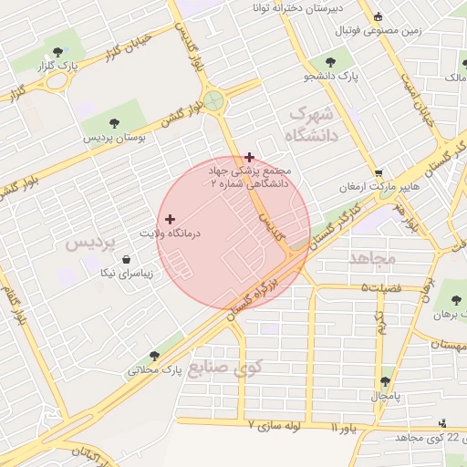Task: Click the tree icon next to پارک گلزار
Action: click(x=59, y=51)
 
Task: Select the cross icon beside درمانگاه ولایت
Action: click(x=170, y=219)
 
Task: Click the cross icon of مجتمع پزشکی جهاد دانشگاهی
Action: click(x=250, y=157)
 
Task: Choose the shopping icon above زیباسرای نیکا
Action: click(x=125, y=259)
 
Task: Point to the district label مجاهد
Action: click(x=372, y=258)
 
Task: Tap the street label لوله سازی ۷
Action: click(x=278, y=425)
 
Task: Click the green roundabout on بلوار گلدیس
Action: click(x=214, y=101)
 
